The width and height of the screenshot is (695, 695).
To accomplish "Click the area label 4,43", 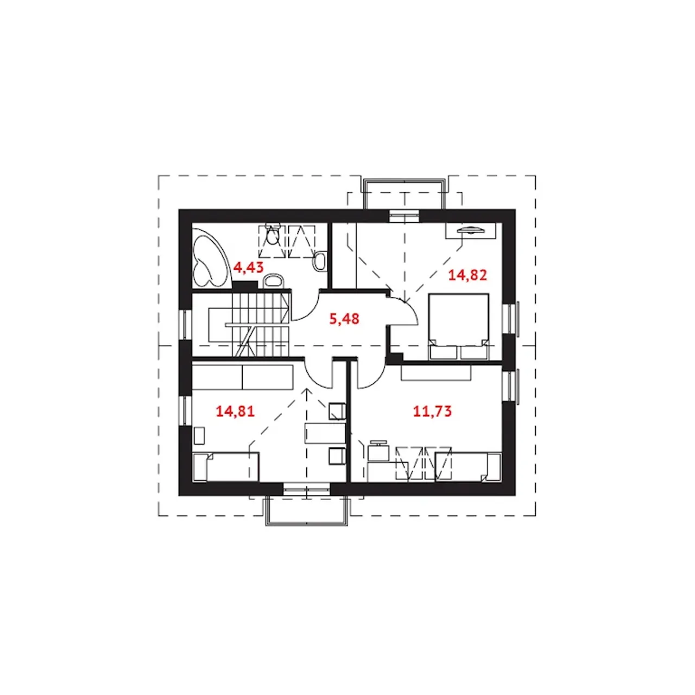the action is pyautogui.click(x=249, y=268).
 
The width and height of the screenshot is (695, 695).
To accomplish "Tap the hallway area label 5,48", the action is pyautogui.click(x=344, y=319).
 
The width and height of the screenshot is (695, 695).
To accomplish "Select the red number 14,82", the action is pyautogui.click(x=467, y=275).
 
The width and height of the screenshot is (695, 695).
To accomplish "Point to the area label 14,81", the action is pyautogui.click(x=235, y=411).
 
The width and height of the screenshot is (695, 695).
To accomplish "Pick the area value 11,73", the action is pyautogui.click(x=432, y=411).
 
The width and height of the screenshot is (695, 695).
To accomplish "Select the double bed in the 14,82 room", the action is pyautogui.click(x=458, y=326).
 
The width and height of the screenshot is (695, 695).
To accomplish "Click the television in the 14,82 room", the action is pyautogui.click(x=471, y=230).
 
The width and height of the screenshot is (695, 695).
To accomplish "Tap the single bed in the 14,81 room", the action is pyautogui.click(x=226, y=467).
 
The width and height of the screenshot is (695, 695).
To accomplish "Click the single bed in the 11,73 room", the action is pyautogui.click(x=469, y=467).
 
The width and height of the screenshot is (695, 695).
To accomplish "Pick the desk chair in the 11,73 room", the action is pyautogui.click(x=378, y=450).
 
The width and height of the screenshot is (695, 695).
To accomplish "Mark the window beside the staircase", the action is pyautogui.click(x=185, y=324).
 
